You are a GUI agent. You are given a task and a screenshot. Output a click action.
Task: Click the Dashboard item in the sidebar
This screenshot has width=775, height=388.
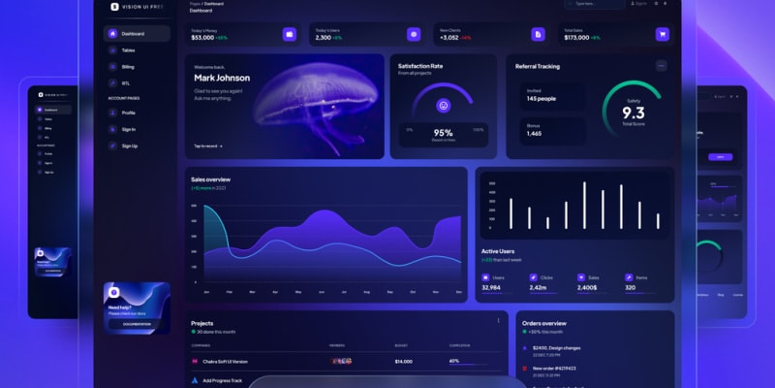pyautogui.click(x=137, y=34)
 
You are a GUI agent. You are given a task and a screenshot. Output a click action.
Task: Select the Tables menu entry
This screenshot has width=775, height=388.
pyautogui.click(x=128, y=50)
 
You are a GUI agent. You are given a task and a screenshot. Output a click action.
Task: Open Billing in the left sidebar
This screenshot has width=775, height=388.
pyautogui.click(x=128, y=67)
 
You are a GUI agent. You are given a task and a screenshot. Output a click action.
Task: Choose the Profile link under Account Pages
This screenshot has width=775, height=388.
pyautogui.click(x=128, y=113)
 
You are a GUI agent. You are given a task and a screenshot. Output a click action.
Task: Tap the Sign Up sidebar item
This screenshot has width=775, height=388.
pyautogui.click(x=129, y=145)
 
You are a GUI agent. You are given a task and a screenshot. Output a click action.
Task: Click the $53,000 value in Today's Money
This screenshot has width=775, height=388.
pyautogui.click(x=203, y=38)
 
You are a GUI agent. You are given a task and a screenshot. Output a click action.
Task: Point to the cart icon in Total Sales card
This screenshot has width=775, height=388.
pyautogui.click(x=663, y=34)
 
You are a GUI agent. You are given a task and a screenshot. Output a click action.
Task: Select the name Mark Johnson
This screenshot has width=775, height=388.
pyautogui.click(x=222, y=78)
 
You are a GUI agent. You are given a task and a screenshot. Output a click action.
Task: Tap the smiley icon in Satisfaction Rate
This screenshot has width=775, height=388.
pyautogui.click(x=444, y=105)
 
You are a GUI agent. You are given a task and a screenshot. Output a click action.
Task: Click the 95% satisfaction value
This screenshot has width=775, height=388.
pyautogui.click(x=444, y=133)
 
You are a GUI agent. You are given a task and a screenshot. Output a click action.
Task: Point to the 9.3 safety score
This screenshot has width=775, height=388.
pyautogui.click(x=634, y=113)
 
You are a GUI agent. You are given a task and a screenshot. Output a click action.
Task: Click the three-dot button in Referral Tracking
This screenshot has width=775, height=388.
pyautogui.click(x=662, y=66)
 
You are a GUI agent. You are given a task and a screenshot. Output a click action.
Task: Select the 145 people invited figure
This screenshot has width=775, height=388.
pyautogui.click(x=542, y=99)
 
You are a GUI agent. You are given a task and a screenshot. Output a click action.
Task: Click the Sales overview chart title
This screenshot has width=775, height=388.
pyautogui.click(x=210, y=179)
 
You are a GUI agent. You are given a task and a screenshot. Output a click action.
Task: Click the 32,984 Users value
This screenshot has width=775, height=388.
pyautogui.click(x=491, y=287)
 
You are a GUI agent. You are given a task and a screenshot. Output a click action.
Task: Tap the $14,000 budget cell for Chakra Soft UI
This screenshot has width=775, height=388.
pyautogui.click(x=403, y=361)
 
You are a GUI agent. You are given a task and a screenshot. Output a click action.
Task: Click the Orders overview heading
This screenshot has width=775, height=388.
pyautogui.click(x=543, y=323)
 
